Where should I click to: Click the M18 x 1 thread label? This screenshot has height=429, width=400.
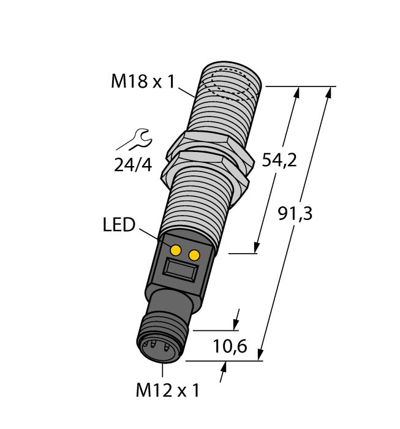pyautogui.click(x=142, y=81)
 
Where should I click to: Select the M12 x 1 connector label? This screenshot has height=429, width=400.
pyautogui.click(x=164, y=390)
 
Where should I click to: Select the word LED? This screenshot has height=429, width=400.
pyautogui.click(x=118, y=225)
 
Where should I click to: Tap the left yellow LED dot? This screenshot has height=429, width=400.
pyautogui.click(x=176, y=249)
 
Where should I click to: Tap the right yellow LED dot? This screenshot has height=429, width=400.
pyautogui.click(x=195, y=254)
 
